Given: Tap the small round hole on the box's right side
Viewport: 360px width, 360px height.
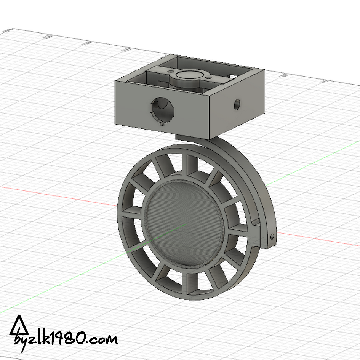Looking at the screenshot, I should [x=237, y=104].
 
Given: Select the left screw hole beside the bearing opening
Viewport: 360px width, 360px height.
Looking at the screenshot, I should [x=169, y=71].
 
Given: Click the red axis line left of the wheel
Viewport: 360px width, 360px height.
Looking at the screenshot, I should [x=57, y=194].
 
